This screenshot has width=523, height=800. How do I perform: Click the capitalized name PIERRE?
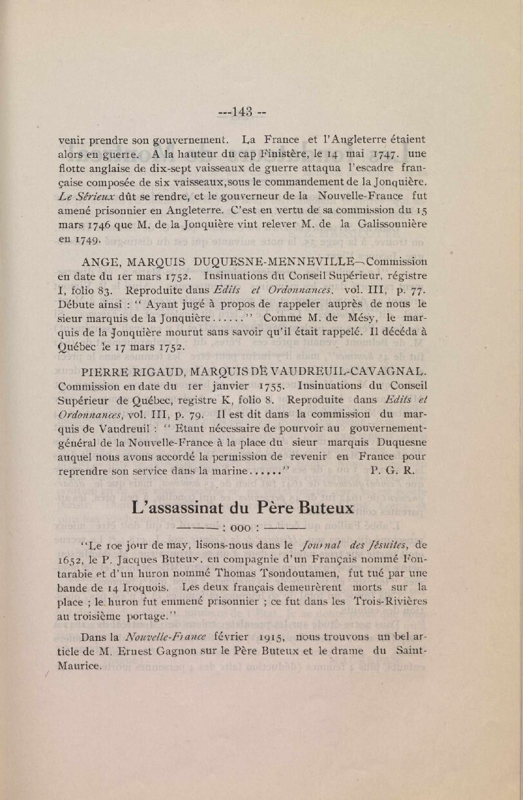coord(106,372)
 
